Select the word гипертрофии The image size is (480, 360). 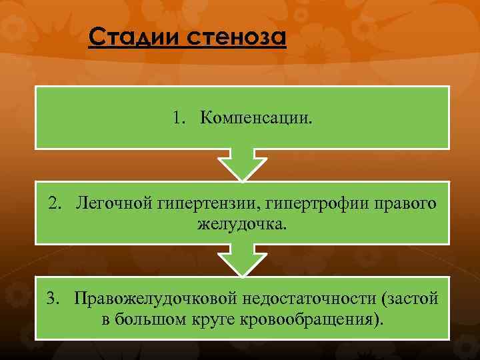(x=301, y=202)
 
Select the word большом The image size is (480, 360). (x=145, y=318)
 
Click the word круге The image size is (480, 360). (x=203, y=318)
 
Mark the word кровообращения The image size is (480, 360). (x=307, y=318)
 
